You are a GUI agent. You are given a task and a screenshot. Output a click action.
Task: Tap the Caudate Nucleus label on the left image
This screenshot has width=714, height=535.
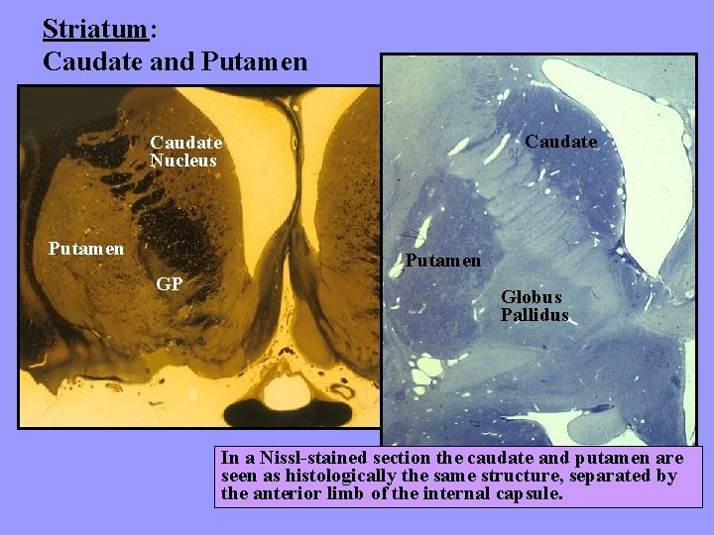point(184,152)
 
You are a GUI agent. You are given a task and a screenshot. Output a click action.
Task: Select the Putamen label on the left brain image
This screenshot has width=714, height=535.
point(86,248)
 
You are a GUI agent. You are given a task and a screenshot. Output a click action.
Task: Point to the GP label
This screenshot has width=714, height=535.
point(169,285)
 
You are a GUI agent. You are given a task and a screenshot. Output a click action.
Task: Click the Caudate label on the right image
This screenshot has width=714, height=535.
point(560,142)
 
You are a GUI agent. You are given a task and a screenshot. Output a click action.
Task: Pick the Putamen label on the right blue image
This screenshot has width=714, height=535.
point(442,261)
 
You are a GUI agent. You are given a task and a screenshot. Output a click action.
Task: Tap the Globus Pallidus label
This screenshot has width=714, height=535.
point(535,306)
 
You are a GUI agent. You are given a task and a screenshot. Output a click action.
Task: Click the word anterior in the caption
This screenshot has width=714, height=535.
point(289,493)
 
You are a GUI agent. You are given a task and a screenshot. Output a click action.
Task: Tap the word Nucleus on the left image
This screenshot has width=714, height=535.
point(183,160)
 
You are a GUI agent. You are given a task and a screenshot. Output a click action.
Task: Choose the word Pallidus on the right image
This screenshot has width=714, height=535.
point(535,315)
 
